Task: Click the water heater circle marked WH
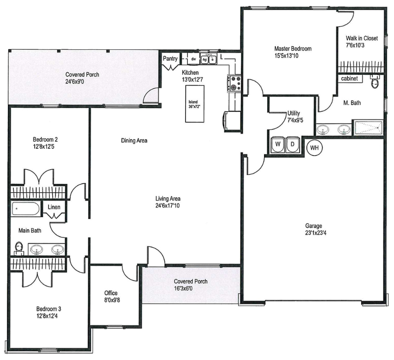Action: pyautogui.click(x=314, y=147)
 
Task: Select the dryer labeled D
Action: pyautogui.click(x=292, y=145)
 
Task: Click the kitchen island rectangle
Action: pyautogui.click(x=195, y=104)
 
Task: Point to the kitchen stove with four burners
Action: pyautogui.click(x=234, y=83)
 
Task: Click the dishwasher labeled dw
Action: pyautogui.click(x=194, y=59)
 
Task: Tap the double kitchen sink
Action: pyautogui.click(x=209, y=60)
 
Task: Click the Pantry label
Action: pyautogui.click(x=170, y=59)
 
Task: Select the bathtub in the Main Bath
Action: pyautogui.click(x=25, y=208)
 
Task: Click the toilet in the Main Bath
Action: pyautogui.click(x=19, y=249)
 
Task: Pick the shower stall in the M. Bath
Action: pyautogui.click(x=369, y=128)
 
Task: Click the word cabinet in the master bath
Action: pyautogui.click(x=349, y=79)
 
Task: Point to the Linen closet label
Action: pyautogui.click(x=54, y=207)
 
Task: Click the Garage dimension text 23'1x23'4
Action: pyautogui.click(x=316, y=233)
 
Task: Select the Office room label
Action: pyautogui.click(x=111, y=293)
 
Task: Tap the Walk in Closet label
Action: pyautogui.click(x=362, y=38)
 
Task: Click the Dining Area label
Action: pyautogui.click(x=134, y=140)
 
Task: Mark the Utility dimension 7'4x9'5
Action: pyautogui.click(x=295, y=120)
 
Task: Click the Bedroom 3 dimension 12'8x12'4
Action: pyautogui.click(x=47, y=316)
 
